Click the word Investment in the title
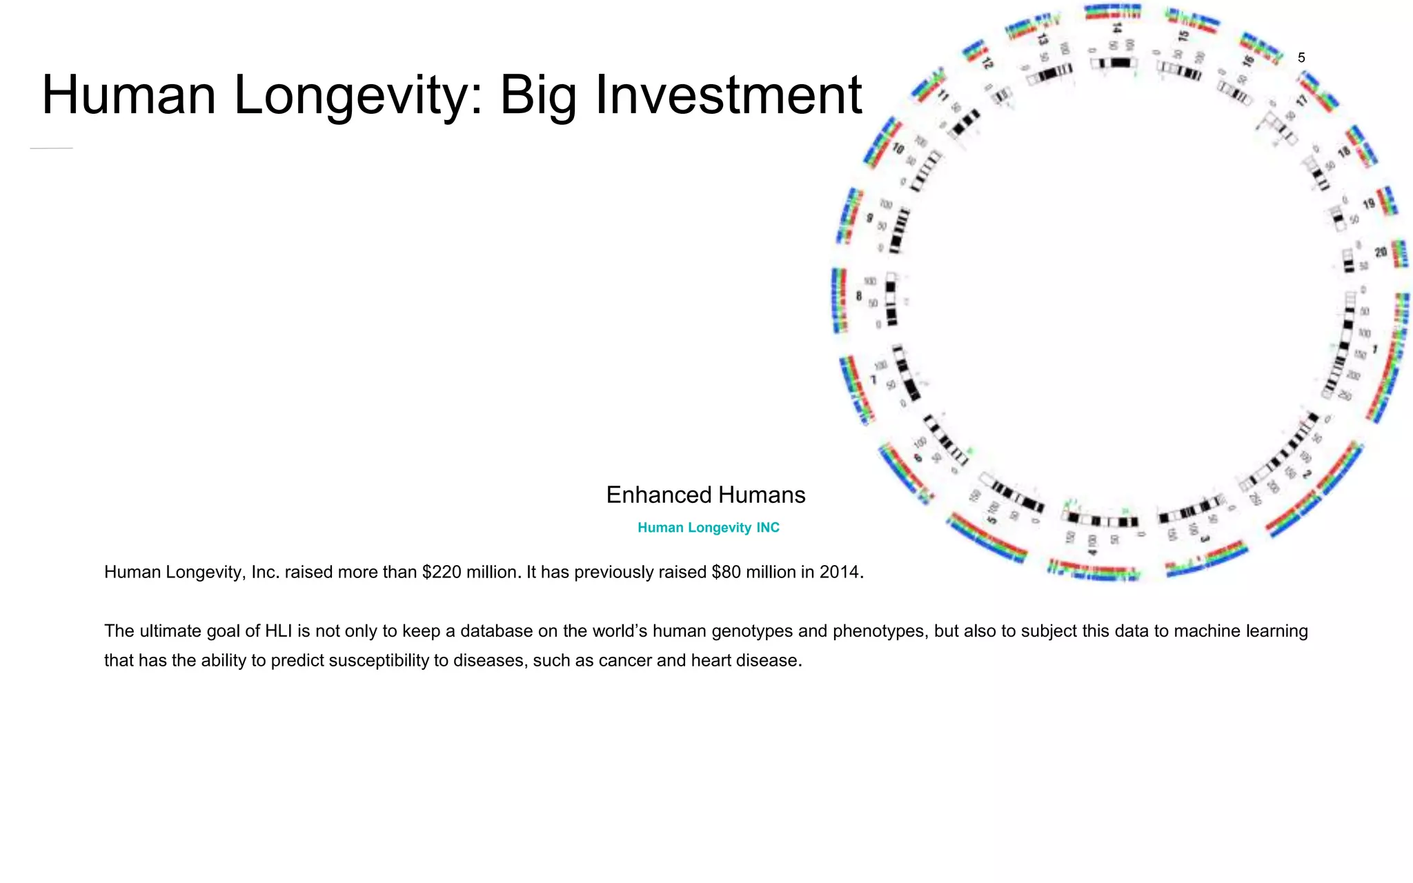[x=728, y=95]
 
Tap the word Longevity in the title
[x=350, y=95]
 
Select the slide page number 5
[x=1301, y=58]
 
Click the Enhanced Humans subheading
[x=705, y=495]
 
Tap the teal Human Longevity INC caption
[x=708, y=528]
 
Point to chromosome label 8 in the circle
[x=858, y=296]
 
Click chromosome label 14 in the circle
[x=1117, y=28]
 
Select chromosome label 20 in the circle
[x=1381, y=252]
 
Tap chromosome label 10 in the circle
[x=898, y=148]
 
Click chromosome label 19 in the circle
[x=1369, y=204]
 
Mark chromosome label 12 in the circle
[x=987, y=63]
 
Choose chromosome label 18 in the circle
[x=1344, y=152]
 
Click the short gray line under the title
[x=52, y=148]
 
